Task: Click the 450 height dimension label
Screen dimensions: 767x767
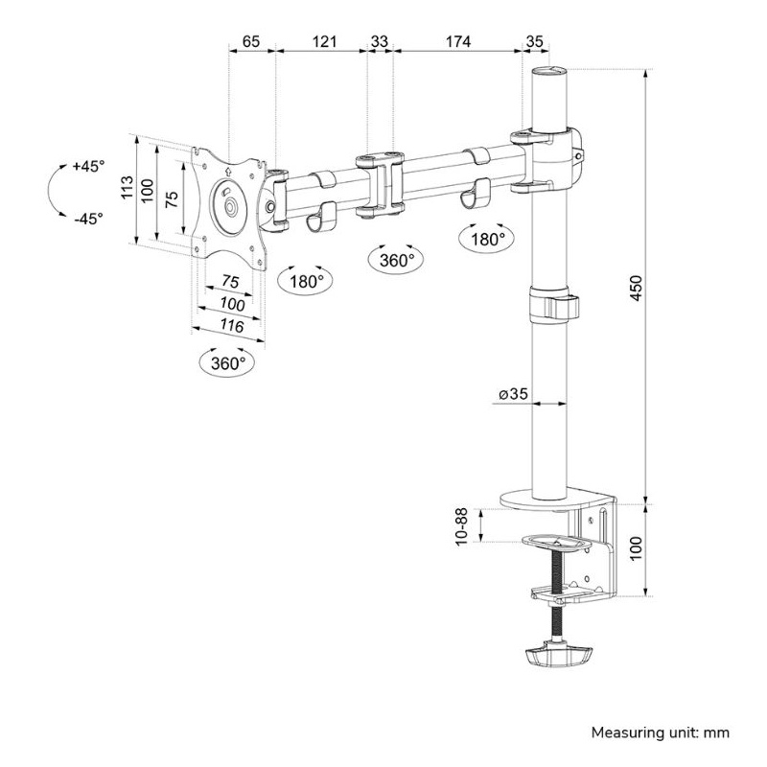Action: (635, 289)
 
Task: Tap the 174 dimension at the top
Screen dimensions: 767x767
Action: (458, 41)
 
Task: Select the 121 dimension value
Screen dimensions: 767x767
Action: (324, 41)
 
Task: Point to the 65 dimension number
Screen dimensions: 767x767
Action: (251, 41)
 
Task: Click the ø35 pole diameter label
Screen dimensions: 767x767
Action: (513, 393)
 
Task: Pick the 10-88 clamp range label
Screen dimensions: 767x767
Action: (462, 526)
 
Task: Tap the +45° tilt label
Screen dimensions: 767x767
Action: (88, 166)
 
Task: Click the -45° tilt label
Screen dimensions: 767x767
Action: (88, 218)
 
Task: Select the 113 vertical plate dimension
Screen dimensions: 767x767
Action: (128, 187)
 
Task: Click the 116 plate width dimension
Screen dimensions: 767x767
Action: (232, 325)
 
